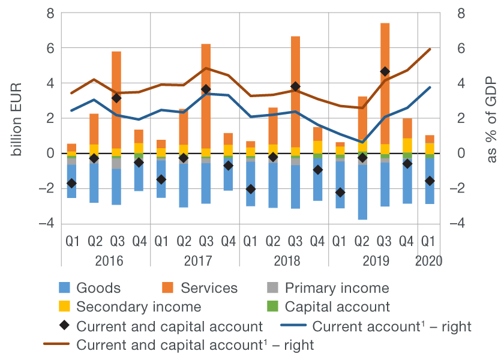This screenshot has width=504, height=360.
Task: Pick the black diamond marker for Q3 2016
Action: [116, 98]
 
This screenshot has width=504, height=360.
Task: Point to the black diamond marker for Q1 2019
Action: [340, 192]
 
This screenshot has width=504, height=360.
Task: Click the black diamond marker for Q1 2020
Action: [430, 181]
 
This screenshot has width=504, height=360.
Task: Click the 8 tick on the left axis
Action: [50, 13]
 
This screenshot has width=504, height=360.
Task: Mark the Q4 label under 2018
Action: [317, 242]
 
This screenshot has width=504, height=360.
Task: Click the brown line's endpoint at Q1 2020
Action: [430, 49]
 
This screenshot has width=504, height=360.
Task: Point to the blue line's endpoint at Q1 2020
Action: [430, 88]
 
